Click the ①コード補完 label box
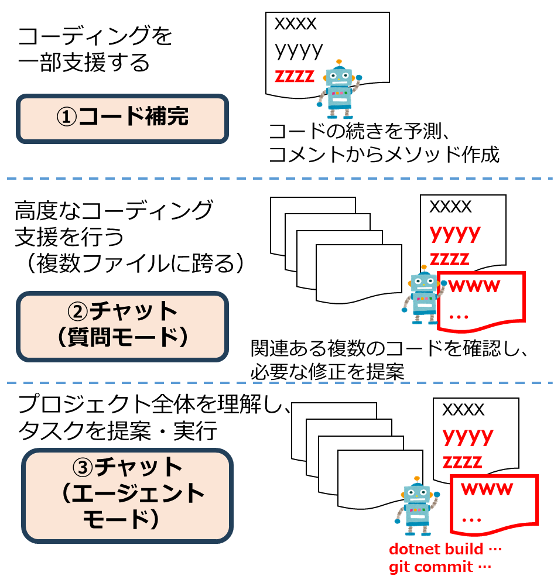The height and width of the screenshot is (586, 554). click(x=122, y=118)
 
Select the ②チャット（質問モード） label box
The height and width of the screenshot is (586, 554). click(x=122, y=325)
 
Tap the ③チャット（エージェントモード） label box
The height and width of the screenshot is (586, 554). click(x=127, y=495)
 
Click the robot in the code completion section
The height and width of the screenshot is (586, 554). click(x=338, y=90)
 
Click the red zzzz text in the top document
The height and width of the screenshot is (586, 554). click(x=295, y=77)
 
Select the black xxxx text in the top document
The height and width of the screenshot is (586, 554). click(x=296, y=25)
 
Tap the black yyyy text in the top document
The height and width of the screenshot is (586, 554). click(x=299, y=50)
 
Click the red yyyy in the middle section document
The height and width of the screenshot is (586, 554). click(x=455, y=232)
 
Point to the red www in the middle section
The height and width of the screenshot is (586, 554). click(x=474, y=286)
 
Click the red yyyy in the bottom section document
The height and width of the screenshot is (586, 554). click(x=468, y=436)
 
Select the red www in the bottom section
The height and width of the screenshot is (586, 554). click(x=487, y=489)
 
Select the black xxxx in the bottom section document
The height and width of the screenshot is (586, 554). click(x=463, y=410)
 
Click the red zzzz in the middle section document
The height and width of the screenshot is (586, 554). click(x=450, y=259)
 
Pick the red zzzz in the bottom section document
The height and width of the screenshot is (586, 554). click(x=463, y=461)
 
